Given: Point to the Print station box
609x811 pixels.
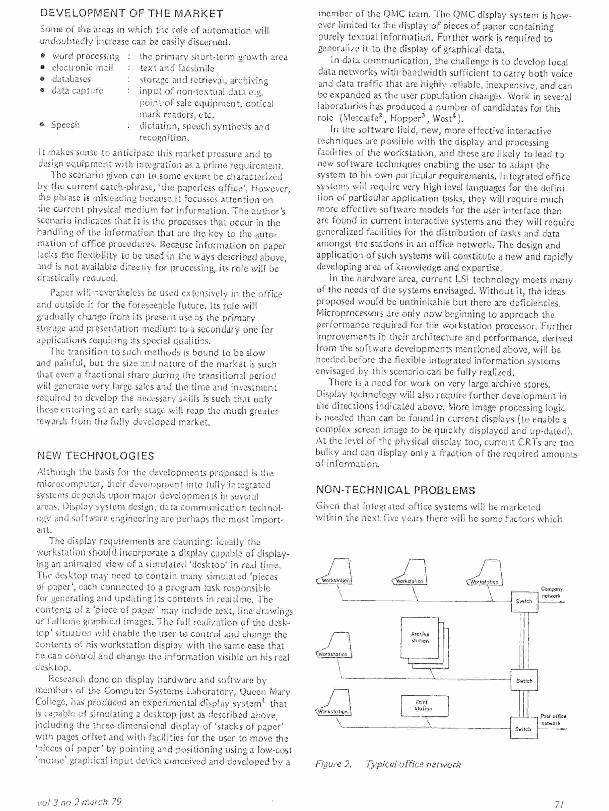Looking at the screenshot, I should pyautogui.click(x=425, y=706).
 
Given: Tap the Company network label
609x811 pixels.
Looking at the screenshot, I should pyautogui.click(x=551, y=593).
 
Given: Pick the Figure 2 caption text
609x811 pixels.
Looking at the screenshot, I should pyautogui.click(x=388, y=764).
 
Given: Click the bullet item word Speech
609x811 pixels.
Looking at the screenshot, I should pyautogui.click(x=65, y=125).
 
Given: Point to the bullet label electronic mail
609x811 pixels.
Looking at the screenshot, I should pyautogui.click(x=82, y=68).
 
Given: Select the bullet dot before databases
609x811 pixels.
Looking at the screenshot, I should pyautogui.click(x=43, y=79).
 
